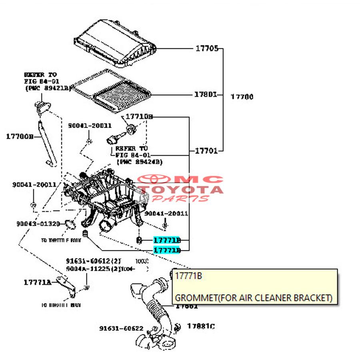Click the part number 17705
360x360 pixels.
[x=206, y=49]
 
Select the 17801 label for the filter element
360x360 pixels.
[x=206, y=95]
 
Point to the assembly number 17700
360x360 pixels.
[x=242, y=97]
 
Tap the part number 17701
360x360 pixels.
[x=206, y=151]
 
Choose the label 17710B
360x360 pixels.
[x=139, y=117]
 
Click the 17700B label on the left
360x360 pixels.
[x=20, y=136]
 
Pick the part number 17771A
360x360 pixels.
[x=37, y=282]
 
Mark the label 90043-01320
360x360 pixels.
[x=38, y=224]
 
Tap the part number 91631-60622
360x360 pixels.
[x=121, y=328]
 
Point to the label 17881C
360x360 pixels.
[x=201, y=326]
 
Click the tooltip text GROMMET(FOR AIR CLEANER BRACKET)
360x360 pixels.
[x=254, y=298]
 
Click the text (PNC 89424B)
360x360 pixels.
[x=139, y=162]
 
